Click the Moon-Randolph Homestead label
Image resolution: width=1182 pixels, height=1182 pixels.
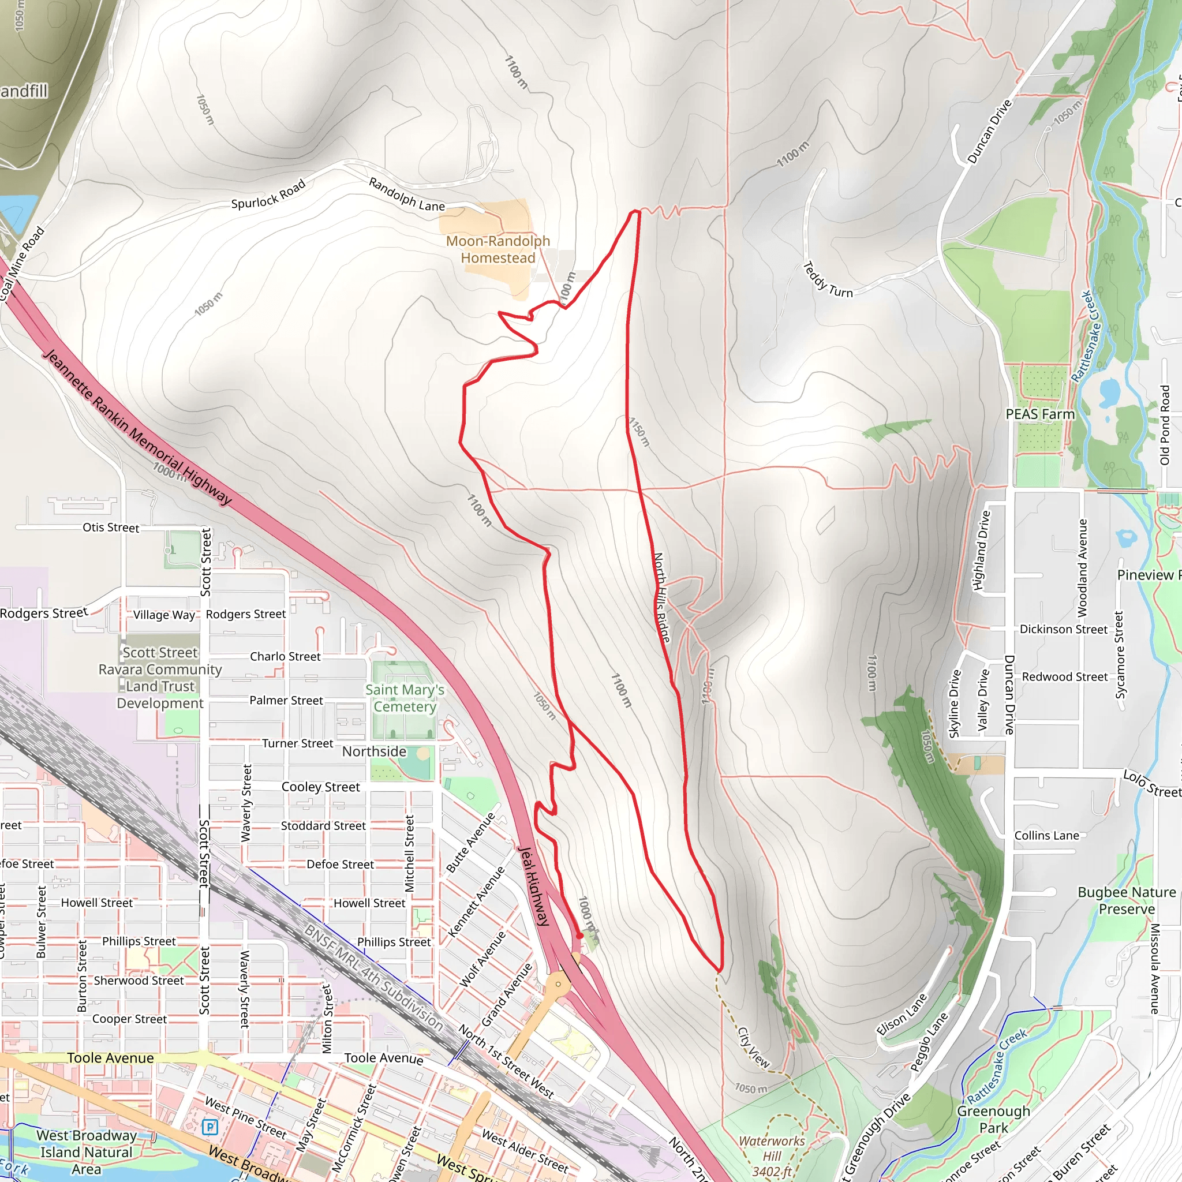click(x=498, y=249)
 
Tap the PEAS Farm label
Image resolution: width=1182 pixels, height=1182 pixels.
click(x=1040, y=414)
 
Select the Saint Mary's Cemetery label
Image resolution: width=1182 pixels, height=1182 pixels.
click(x=405, y=698)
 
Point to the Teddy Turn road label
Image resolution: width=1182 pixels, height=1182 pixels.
click(x=826, y=280)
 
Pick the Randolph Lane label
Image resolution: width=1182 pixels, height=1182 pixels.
click(x=406, y=194)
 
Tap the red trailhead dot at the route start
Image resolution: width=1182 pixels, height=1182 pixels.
click(x=579, y=936)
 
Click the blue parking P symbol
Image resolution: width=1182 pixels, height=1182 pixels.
click(x=210, y=1127)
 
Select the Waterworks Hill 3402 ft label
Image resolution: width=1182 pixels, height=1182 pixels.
click(x=772, y=1156)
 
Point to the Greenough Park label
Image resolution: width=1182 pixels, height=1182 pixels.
click(x=994, y=1119)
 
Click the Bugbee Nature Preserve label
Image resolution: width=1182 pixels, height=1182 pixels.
click(x=1127, y=900)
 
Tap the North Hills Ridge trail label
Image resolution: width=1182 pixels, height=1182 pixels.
click(x=661, y=597)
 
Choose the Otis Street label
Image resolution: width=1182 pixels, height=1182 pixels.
click(x=111, y=528)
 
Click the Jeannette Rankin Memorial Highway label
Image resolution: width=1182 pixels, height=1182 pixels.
click(x=138, y=428)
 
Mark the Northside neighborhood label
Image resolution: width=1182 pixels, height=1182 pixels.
click(x=374, y=751)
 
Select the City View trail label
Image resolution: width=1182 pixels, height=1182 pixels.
click(x=753, y=1048)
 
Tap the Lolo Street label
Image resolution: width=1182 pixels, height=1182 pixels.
click(x=1152, y=784)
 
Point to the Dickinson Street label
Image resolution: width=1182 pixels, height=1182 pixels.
click(x=1063, y=629)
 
